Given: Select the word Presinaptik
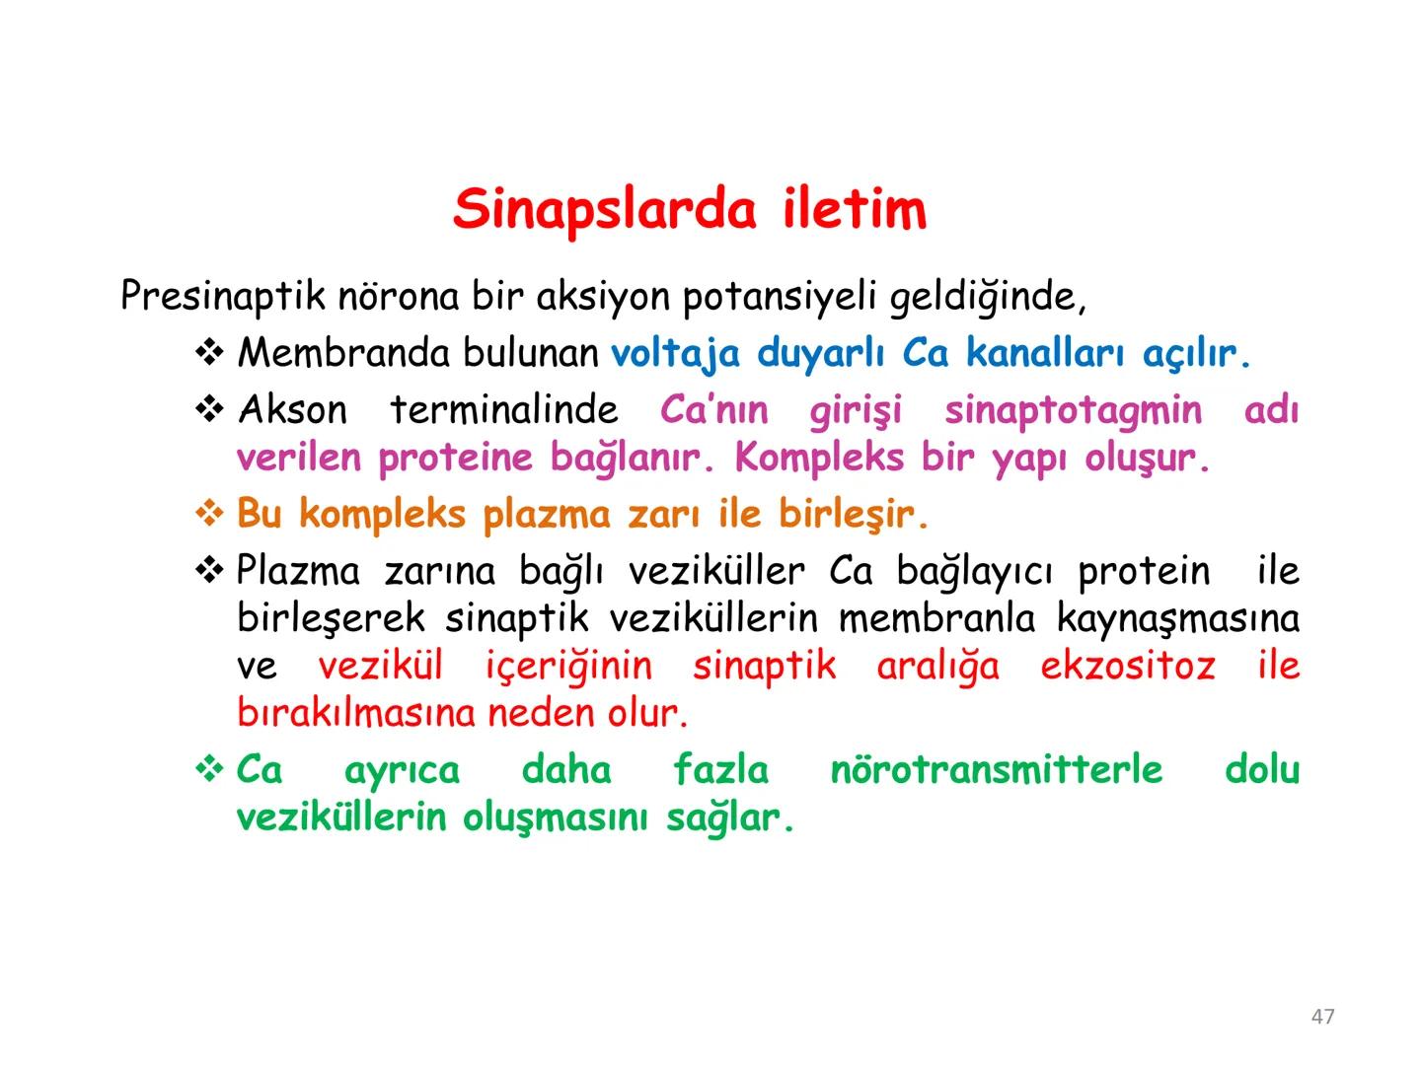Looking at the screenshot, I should [x=223, y=297].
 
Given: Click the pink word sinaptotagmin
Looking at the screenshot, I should [x=1073, y=410].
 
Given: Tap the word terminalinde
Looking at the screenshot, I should [x=504, y=410].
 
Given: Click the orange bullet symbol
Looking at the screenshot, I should [x=210, y=514].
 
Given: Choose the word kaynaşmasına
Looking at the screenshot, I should [x=1177, y=619].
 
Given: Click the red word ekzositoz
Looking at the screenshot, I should [x=1128, y=667].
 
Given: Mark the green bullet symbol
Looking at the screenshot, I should [x=210, y=769].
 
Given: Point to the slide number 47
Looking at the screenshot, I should [x=1323, y=1017].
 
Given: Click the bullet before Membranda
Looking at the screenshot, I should [x=210, y=353].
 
